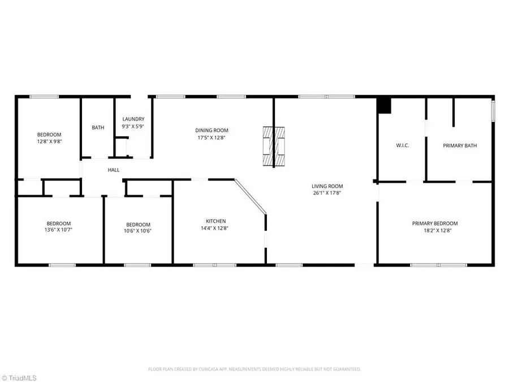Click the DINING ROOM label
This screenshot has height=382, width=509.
pos(213,130)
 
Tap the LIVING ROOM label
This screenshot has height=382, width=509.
pos(327,186)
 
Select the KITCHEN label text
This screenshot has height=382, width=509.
pos(215,221)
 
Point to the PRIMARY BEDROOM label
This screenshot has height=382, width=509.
pos(434,224)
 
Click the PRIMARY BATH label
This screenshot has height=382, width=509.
pos(459,145)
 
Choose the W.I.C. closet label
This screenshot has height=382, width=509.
pos(402,145)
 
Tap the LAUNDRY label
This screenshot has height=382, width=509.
pos(133,119)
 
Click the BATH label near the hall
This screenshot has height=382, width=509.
pos(98,127)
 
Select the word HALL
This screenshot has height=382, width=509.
pos(114,170)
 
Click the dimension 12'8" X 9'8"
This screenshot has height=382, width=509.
pos(49,141)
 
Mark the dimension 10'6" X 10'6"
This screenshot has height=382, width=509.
pos(138,231)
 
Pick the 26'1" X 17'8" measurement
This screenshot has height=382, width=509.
pos(327,194)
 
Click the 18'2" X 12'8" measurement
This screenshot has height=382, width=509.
pos(434,231)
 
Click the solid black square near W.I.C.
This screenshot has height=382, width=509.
pos(384,105)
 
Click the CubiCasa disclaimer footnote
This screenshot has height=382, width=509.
pos(254,369)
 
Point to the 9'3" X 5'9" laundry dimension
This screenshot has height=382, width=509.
pos(133,126)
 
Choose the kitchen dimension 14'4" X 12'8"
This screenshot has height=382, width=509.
pos(215,229)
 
